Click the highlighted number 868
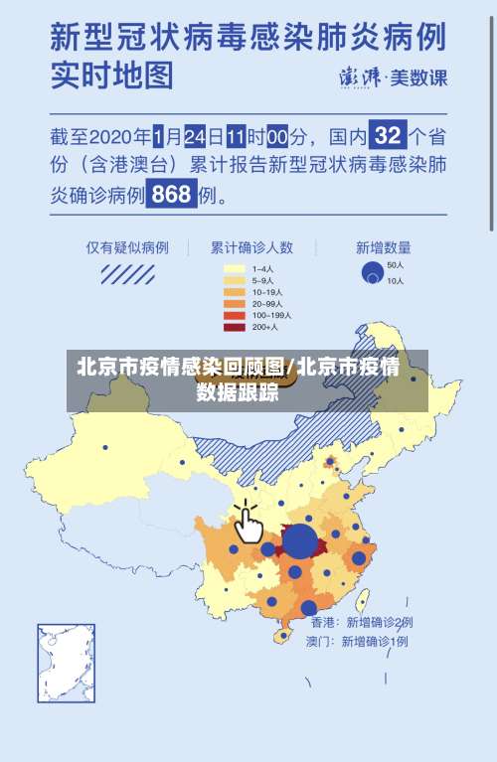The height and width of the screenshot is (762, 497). [172, 195]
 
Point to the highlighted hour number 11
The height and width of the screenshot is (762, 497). [237, 134]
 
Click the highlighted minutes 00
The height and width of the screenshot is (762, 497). [276, 134]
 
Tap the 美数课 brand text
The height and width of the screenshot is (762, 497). [417, 76]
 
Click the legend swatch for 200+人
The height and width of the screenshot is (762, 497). [235, 327]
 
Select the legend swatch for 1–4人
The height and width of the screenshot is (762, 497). [235, 268]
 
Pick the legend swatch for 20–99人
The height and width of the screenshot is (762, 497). [235, 304]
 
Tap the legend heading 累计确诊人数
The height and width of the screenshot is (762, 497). [250, 247]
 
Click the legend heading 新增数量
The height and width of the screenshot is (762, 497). [383, 247]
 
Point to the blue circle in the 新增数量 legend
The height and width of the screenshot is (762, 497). [372, 271]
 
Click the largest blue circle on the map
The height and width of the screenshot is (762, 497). [300, 541]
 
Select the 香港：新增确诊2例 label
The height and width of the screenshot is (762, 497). [362, 622]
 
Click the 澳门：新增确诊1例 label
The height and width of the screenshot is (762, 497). [357, 642]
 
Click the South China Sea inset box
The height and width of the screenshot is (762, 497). [67, 663]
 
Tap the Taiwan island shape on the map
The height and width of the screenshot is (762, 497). [363, 600]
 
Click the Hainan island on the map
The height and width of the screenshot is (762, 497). [286, 637]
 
